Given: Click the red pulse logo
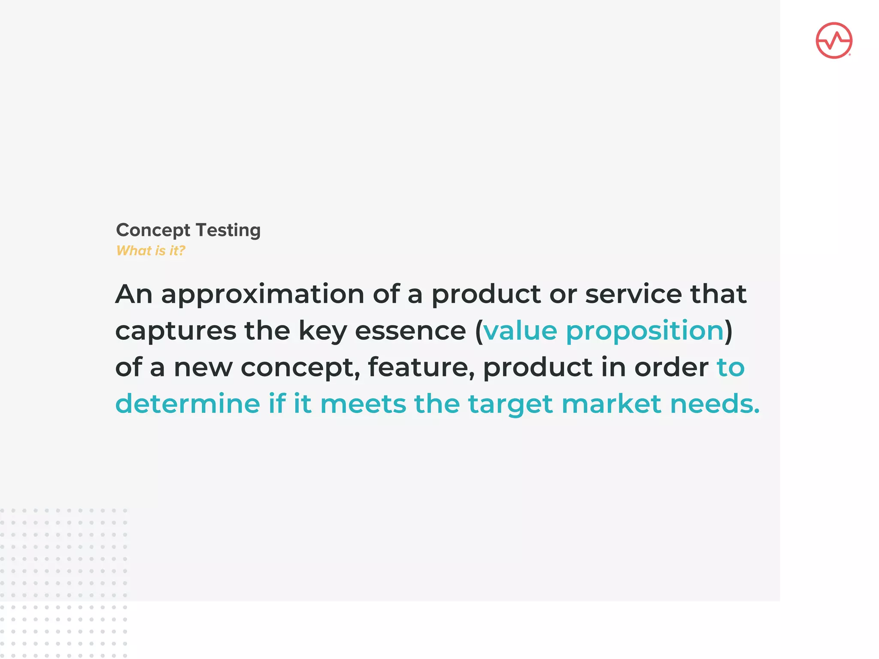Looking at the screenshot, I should [x=834, y=40].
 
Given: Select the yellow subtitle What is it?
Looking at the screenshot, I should [x=151, y=251].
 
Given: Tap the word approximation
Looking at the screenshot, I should [x=263, y=294].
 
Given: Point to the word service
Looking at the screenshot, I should [x=633, y=294].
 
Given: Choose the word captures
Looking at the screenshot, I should [x=176, y=331].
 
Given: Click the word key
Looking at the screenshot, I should [x=322, y=331].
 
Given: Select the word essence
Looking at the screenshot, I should [x=410, y=331].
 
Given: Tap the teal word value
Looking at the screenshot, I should [x=520, y=331].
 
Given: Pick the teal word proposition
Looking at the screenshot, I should [x=645, y=331].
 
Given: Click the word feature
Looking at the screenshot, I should [x=421, y=368].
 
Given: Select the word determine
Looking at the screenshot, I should [x=188, y=404].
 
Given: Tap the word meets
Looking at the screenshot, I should [x=363, y=404].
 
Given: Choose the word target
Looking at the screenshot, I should [x=510, y=404].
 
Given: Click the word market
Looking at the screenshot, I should [x=611, y=404].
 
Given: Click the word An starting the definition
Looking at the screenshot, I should [x=134, y=294].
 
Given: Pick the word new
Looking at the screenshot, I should [x=203, y=368].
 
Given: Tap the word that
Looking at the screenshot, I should [x=718, y=294].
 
